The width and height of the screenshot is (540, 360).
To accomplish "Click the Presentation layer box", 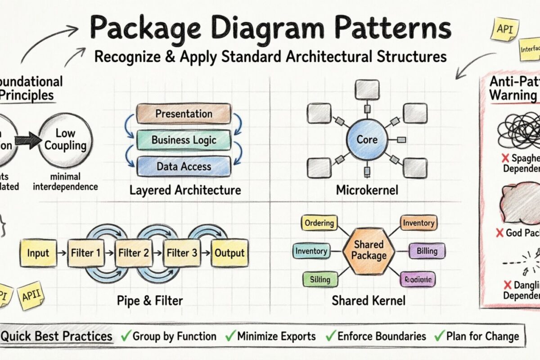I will [x=184, y=114].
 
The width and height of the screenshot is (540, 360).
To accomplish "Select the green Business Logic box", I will [x=184, y=139].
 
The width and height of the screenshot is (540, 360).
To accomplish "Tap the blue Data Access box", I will [x=184, y=166].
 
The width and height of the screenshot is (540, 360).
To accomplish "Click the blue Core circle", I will [x=367, y=139].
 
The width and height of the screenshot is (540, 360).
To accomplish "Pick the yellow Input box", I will [x=38, y=253].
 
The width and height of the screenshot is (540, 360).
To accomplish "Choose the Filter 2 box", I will [x=133, y=253].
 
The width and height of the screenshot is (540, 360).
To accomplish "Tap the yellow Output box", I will [x=229, y=253].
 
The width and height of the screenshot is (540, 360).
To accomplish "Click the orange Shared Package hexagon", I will [x=369, y=250].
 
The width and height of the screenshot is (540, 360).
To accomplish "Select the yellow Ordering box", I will [x=319, y=223].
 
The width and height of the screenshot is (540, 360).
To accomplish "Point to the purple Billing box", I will [x=423, y=250].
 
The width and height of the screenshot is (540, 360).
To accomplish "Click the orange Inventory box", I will [x=418, y=223].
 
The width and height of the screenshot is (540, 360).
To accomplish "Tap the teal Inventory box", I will [x=311, y=251].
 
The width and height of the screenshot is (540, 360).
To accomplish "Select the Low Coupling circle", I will [x=65, y=139].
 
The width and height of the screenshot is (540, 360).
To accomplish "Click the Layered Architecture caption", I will [x=185, y=190].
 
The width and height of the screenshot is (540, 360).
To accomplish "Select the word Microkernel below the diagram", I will [x=367, y=190].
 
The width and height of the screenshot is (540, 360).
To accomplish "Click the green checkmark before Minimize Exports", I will [x=230, y=336].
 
